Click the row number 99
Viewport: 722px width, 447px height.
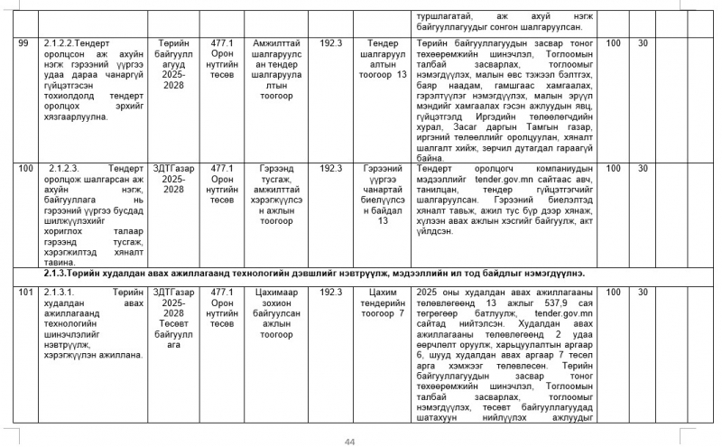(x=24, y=42)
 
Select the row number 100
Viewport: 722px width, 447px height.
(x=26, y=168)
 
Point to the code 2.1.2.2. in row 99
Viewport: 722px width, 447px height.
(x=68, y=42)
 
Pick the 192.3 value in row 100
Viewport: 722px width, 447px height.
(x=331, y=168)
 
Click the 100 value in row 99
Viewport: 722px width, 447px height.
(x=614, y=42)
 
